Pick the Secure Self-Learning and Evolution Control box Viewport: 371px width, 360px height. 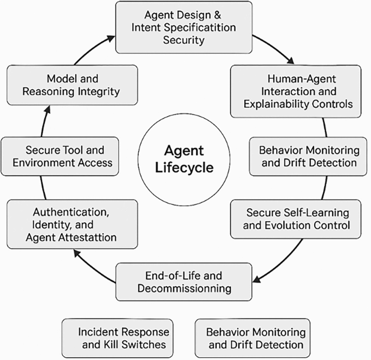[296, 219]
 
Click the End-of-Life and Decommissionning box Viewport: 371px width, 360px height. [184, 281]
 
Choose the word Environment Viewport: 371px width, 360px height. [42, 162]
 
